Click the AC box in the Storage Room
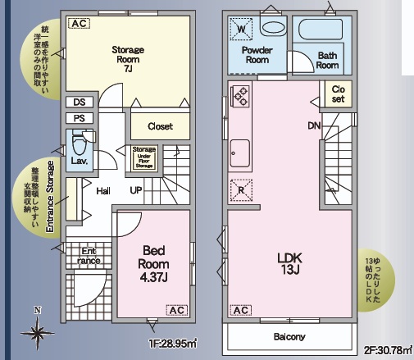79,24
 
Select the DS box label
79,103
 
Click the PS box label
79,118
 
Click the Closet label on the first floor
161,126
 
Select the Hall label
104,191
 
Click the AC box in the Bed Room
175,311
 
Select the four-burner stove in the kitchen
241,96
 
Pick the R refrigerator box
241,190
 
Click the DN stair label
314,126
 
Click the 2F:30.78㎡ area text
386,350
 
